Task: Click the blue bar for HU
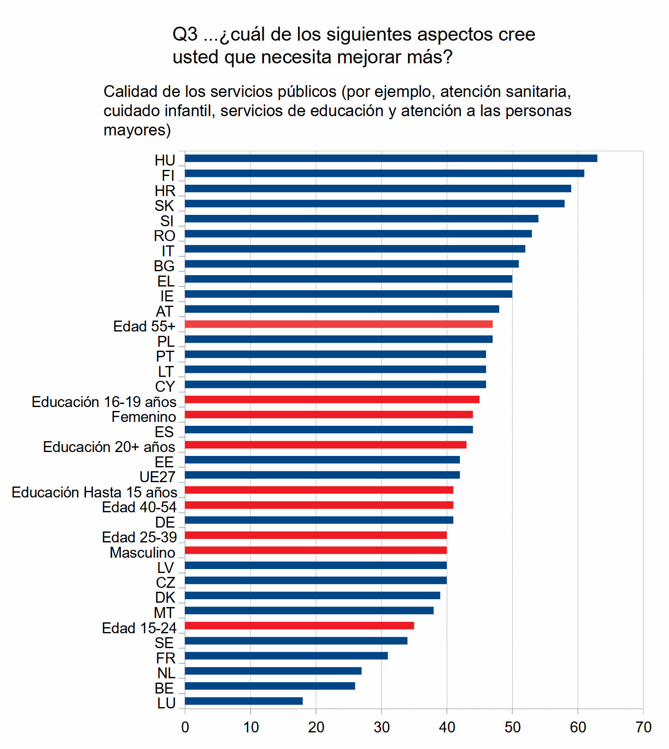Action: pyautogui.click(x=391, y=159)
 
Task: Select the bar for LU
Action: pyautogui.click(x=244, y=701)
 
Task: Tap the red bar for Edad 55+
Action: pyautogui.click(x=338, y=324)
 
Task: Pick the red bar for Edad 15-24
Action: pyautogui.click(x=299, y=626)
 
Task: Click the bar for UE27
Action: pyautogui.click(x=322, y=475)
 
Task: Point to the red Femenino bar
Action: pyautogui.click(x=329, y=414)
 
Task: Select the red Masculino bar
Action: pyautogui.click(x=316, y=550)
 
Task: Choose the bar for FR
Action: pyautogui.click(x=286, y=656)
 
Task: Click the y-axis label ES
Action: pyautogui.click(x=164, y=432)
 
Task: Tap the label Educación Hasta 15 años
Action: pyautogui.click(x=94, y=492)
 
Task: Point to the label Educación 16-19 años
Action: pyautogui.click(x=104, y=402)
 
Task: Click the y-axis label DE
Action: pyautogui.click(x=165, y=522)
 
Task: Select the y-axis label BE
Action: pyautogui.click(x=164, y=688)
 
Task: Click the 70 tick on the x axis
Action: pyautogui.click(x=643, y=727)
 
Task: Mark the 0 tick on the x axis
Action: pyautogui.click(x=185, y=727)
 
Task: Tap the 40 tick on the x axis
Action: pyautogui.click(x=447, y=727)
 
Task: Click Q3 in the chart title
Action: pyautogui.click(x=185, y=35)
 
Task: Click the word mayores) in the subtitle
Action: pyautogui.click(x=137, y=130)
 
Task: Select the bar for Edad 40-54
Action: pyautogui.click(x=319, y=505)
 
